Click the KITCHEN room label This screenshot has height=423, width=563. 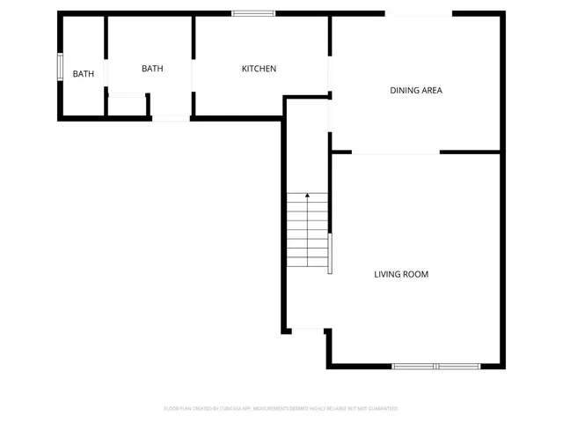(260, 69)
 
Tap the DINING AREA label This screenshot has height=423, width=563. (416, 90)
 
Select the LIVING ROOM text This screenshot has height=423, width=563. (401, 275)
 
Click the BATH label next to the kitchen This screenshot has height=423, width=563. (152, 69)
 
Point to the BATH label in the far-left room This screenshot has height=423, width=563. (84, 74)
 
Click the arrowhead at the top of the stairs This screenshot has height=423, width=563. (307, 195)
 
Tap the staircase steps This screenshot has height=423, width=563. (307, 234)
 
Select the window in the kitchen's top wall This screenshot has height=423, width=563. (253, 13)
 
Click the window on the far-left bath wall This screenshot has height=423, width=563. (60, 67)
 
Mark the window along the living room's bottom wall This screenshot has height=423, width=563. (435, 366)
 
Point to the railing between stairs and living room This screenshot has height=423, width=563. (330, 254)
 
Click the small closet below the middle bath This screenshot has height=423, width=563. (128, 106)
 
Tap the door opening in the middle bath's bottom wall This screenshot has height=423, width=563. (171, 116)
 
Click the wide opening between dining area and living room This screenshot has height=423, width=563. (396, 152)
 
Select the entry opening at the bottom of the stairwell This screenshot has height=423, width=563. (308, 330)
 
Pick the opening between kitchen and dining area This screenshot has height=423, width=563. (330, 75)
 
